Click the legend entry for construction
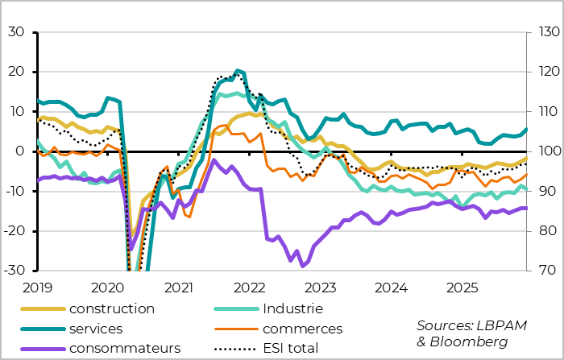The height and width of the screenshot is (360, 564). pyautogui.click(x=111, y=308)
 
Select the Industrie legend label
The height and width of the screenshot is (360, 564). pyautogui.click(x=292, y=308)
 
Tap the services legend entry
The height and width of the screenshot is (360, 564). pyautogui.click(x=96, y=329)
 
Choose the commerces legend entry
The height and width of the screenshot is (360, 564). pyautogui.click(x=302, y=329)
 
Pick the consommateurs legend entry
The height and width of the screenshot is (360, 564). pyautogui.click(x=124, y=348)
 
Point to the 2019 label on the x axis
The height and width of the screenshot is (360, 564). pyautogui.click(x=37, y=287)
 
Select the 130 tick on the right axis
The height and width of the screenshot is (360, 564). pyautogui.click(x=541, y=32)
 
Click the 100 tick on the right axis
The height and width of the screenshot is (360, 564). pyautogui.click(x=541, y=151)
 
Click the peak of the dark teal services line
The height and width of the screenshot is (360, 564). pyautogui.click(x=237, y=70)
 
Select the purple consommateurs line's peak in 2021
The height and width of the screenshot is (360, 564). pyautogui.click(x=214, y=160)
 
